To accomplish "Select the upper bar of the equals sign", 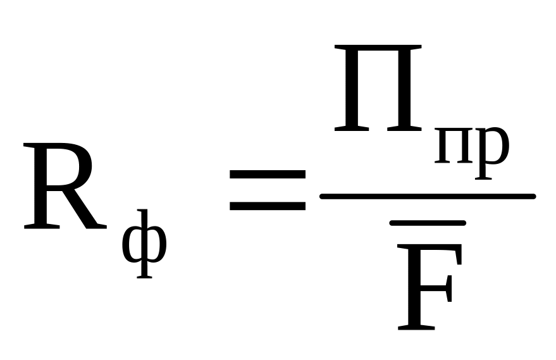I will [x=267, y=175].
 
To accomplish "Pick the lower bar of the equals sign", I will [x=267, y=206].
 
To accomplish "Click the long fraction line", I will [x=427, y=196].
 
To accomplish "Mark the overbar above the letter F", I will [x=428, y=223].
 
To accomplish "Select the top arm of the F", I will [x=436, y=249].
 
